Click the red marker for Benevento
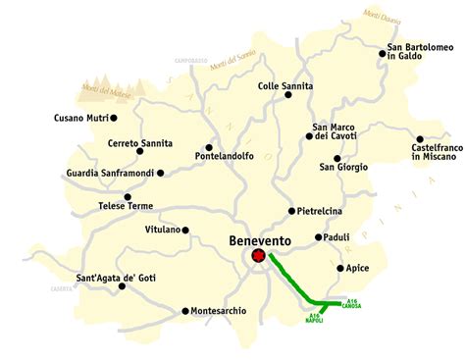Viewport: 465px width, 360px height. coord(258,256)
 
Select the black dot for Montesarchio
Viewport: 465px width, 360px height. coord(185,311)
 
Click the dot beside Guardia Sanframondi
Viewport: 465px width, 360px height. coord(161,173)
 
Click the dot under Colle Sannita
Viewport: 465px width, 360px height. coord(285,100)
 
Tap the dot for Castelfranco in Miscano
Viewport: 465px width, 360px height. coord(420,139)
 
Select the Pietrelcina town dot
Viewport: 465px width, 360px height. coord(291,211)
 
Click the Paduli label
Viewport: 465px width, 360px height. coord(338,237)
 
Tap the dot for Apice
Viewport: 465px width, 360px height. coord(339,268)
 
